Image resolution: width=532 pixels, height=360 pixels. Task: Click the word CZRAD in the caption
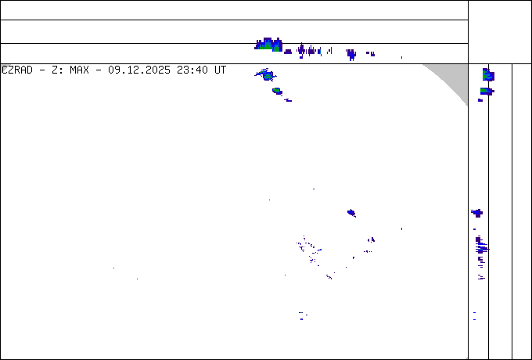point(17,70)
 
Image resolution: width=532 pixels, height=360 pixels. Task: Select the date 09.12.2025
point(139,70)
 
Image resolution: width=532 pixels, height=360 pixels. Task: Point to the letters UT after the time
point(220,70)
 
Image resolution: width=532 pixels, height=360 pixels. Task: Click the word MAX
point(79,70)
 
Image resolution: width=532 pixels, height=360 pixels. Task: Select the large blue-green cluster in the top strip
point(268,44)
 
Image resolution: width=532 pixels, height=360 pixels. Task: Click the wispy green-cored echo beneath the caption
point(266,74)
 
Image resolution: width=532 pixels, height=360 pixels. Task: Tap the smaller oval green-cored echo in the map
point(277,91)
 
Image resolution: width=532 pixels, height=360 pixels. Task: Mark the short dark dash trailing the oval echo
point(288,100)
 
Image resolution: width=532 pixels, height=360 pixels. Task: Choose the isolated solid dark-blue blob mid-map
point(351,213)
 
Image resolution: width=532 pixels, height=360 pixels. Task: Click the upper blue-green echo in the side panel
point(488,74)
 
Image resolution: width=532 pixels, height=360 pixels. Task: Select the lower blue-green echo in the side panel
point(487,91)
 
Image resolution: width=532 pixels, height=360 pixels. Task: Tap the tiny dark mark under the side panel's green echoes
point(480,100)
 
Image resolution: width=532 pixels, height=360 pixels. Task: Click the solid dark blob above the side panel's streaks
point(477,213)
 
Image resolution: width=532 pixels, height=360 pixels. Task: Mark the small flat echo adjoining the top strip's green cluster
point(288,52)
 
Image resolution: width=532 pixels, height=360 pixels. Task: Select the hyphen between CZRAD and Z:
point(42,70)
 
